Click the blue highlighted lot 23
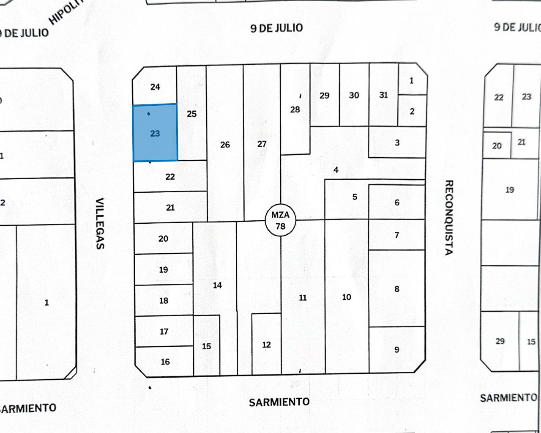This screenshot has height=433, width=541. (x=155, y=133)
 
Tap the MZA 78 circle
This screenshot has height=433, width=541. (x=280, y=220)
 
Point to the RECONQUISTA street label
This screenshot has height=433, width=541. (x=448, y=217)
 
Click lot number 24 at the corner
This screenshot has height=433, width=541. (x=155, y=87)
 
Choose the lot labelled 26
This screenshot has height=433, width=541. (x=225, y=145)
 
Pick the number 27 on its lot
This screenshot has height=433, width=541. (x=262, y=144)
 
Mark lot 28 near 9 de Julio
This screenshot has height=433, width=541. (x=295, y=110)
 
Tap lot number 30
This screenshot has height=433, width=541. (x=354, y=95)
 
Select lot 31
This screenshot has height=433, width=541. (x=383, y=95)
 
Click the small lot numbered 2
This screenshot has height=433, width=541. (x=412, y=111)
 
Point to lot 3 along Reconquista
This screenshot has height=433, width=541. (x=397, y=143)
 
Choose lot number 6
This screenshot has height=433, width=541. (x=397, y=202)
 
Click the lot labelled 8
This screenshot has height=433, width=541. (x=396, y=289)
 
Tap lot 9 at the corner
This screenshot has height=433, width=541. (x=396, y=349)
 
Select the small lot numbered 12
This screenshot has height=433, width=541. (x=266, y=345)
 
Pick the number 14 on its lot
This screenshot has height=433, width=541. (x=217, y=285)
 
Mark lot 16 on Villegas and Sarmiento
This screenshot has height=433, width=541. (x=165, y=362)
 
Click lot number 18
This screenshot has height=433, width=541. (x=164, y=301)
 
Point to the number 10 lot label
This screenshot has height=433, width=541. (x=347, y=297)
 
